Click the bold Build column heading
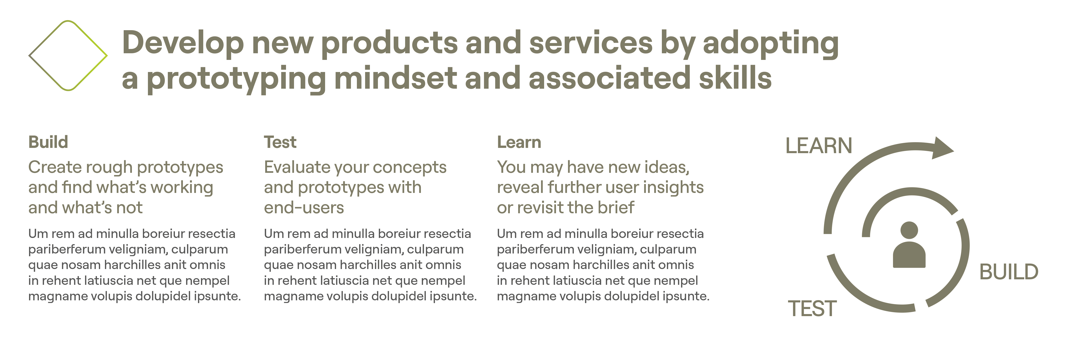(x=48, y=142)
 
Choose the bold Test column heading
(x=280, y=142)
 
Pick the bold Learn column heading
(x=519, y=142)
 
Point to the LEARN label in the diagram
(x=819, y=146)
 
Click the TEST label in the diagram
(x=813, y=309)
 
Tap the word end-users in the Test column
(x=304, y=208)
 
